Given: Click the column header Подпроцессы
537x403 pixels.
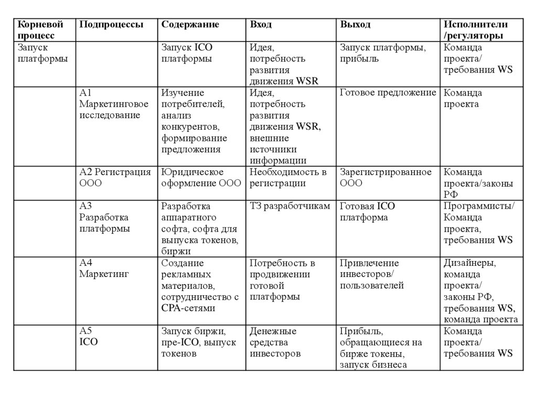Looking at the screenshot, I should coord(111,25).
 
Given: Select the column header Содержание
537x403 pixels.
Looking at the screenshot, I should coord(190,25).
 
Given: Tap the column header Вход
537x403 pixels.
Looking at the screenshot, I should coord(261,25).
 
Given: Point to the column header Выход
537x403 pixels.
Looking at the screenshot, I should coord(355,25).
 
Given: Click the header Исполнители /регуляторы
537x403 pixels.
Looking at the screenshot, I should coord(476,30).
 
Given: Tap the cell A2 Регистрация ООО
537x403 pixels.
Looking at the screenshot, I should coord(115,178).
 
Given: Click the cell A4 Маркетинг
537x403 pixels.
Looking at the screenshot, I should coord(104,268).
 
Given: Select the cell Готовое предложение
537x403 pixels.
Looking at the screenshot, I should coord(388,93).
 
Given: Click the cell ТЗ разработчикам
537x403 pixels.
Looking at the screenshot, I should coord(290,206).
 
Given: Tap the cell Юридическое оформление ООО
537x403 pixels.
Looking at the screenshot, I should coord(201,178).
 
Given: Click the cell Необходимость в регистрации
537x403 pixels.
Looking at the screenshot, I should coord(288,178).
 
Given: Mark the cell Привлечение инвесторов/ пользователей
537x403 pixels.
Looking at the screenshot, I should coord(371,274).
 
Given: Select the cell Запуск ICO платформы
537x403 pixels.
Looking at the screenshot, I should coord(187,53).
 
